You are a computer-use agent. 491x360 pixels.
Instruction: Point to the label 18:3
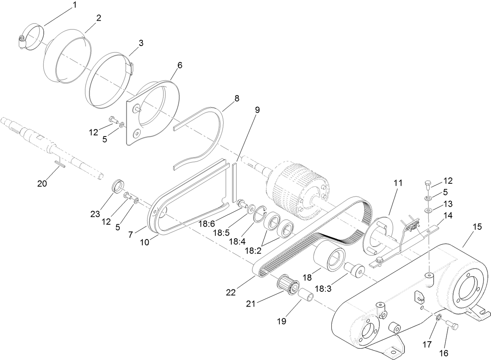(324, 289)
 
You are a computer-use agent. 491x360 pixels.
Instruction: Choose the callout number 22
(231, 292)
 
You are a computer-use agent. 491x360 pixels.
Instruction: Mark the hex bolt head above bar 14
(428, 183)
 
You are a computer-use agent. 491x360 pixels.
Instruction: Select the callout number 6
(179, 65)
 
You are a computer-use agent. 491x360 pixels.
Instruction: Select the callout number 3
(141, 43)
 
